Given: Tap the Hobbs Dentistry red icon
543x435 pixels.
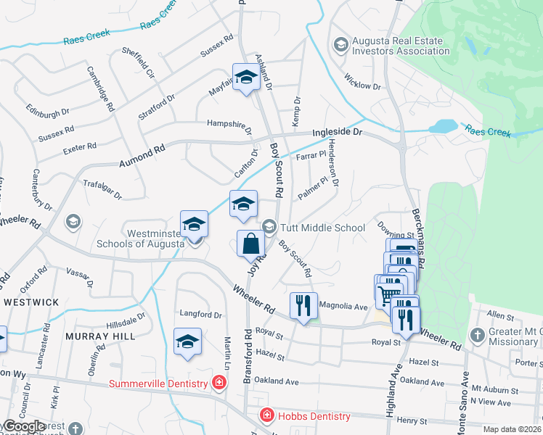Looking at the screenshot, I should click(x=267, y=415).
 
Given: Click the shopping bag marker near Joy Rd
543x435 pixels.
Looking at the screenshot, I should click(x=250, y=244).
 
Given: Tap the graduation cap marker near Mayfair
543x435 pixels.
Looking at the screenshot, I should click(x=246, y=78).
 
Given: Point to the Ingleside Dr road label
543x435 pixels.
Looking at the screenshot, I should click(x=337, y=133).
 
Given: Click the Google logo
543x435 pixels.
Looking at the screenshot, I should click(x=23, y=426).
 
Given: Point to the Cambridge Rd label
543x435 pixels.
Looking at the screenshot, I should click(x=101, y=88).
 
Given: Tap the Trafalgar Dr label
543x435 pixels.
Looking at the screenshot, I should click(x=102, y=190).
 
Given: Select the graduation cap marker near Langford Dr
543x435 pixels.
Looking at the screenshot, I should click(x=187, y=342).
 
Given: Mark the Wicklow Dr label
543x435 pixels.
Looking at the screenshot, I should click(x=362, y=81).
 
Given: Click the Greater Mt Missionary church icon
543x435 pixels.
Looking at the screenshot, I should click(x=477, y=335).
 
